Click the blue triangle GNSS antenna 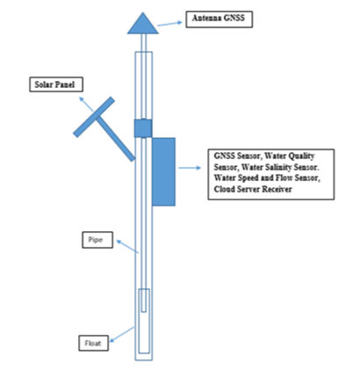(143, 25)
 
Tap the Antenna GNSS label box (220, 19)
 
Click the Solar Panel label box (56, 84)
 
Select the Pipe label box (97, 240)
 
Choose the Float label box (94, 343)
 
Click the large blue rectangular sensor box (163, 171)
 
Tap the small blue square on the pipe (143, 128)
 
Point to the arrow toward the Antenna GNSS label (169, 24)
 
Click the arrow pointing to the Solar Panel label (86, 104)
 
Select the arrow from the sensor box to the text (190, 168)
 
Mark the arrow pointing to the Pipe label (127, 246)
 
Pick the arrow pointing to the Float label (121, 334)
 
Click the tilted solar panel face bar (94, 117)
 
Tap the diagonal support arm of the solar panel (116, 139)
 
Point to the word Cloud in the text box (225, 189)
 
